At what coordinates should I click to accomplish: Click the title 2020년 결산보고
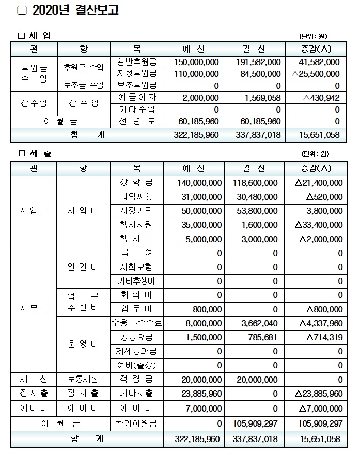coord(75,11)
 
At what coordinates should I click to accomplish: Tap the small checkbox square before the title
coord(22,10)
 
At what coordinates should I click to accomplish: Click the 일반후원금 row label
coord(137,62)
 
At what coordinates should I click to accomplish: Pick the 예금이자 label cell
coord(137,97)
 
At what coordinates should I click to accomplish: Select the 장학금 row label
coord(137,183)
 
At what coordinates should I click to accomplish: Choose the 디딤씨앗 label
coord(137,197)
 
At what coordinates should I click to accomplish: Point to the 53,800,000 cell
coord(257,211)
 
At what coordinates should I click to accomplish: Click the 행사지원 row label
coord(137,225)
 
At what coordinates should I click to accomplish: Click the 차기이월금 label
coord(137,423)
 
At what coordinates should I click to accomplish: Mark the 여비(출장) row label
coord(137,365)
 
